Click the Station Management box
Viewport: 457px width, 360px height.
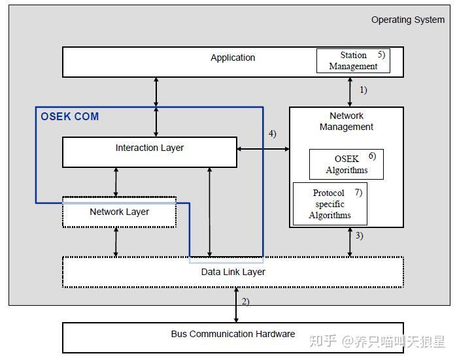click(353, 61)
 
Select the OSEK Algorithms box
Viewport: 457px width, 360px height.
click(347, 164)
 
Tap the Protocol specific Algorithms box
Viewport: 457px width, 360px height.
click(330, 204)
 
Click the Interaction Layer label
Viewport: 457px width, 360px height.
click(150, 148)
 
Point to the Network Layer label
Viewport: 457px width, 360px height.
click(119, 212)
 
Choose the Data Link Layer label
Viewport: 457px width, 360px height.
click(233, 272)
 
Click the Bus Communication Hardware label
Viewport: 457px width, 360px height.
click(233, 334)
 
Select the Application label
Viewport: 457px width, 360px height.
click(233, 57)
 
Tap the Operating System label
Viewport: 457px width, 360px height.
click(408, 20)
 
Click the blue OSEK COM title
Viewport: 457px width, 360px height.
click(70, 116)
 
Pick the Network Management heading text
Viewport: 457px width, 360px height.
click(347, 121)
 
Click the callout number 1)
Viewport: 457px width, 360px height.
click(363, 90)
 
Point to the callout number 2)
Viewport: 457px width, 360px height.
click(245, 301)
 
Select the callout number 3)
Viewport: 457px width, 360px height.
click(359, 235)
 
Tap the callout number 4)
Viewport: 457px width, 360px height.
click(272, 134)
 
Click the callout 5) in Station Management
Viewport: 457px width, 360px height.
click(382, 54)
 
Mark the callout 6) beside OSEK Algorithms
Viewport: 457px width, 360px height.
click(372, 156)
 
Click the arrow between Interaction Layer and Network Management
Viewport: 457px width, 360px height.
click(263, 149)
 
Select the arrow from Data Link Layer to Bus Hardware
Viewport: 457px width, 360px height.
click(237, 305)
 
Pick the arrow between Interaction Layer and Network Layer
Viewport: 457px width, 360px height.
click(116, 182)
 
